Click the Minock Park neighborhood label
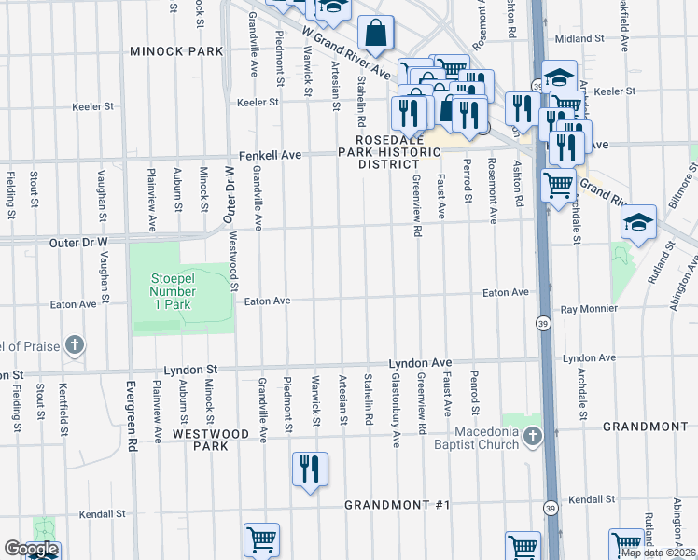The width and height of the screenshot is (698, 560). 176,50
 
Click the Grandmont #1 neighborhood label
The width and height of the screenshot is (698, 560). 397,505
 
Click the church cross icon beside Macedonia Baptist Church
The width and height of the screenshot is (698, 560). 532,436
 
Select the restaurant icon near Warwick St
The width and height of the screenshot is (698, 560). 309,469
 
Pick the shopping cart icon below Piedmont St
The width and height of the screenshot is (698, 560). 261,539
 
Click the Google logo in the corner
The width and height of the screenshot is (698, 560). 31,550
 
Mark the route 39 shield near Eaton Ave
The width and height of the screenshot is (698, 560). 543,323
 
